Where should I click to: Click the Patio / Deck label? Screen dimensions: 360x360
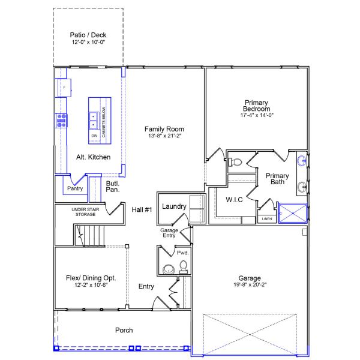tap(88, 35)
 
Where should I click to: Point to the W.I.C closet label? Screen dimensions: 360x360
tap(234, 200)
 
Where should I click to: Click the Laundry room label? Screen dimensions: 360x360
tap(174, 206)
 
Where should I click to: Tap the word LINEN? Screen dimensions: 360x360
tap(267, 219)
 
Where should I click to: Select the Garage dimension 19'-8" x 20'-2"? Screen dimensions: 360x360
tap(249, 286)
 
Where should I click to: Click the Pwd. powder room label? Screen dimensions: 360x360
tap(182, 253)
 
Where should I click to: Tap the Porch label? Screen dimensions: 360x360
tap(124, 330)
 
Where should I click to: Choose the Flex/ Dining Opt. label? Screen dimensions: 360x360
tap(91, 278)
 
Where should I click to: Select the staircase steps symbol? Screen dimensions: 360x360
tap(90, 235)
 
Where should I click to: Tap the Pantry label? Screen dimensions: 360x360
tap(75, 188)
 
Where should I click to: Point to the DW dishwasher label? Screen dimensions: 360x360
tap(94, 136)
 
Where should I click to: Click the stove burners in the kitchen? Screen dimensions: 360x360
tap(61, 121)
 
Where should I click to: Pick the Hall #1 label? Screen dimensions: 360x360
tap(142, 209)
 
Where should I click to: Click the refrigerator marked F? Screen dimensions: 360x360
tap(64, 88)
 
